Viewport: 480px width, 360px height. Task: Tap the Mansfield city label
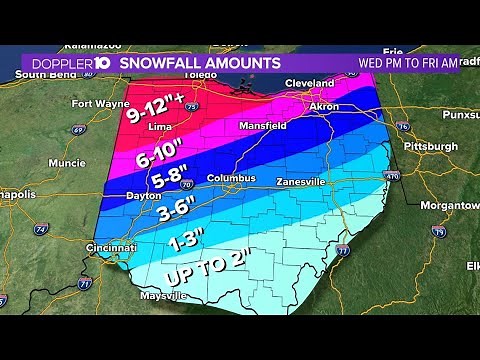click(x=261, y=126)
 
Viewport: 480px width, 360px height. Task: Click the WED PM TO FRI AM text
click(x=408, y=63)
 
